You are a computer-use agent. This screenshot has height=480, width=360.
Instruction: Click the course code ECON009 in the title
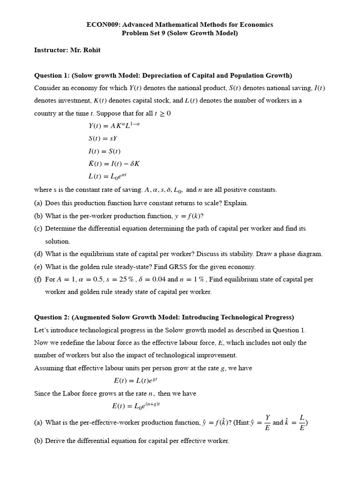pos(103,24)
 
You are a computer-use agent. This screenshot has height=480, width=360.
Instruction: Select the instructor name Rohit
pos(91,50)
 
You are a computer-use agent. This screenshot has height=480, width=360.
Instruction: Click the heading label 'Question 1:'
pos(52,75)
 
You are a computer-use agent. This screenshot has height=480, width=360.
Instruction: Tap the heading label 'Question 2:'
pos(52,317)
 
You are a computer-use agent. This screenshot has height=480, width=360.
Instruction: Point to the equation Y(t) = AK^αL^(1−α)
pos(114,125)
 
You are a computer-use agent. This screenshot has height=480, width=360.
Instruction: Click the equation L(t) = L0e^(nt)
pos(108,177)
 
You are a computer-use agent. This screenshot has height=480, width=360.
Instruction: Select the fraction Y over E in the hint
pos(267,423)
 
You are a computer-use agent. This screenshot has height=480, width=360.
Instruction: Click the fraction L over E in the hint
pos(302,423)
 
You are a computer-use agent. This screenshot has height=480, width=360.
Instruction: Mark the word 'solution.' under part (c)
pos(57,241)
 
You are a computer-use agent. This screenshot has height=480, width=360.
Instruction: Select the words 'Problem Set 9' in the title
pos(143,33)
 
